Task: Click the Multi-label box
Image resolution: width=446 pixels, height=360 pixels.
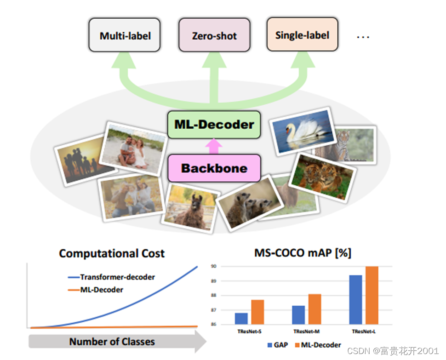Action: (x=125, y=35)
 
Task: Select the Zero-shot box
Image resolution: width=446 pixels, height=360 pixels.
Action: (x=214, y=35)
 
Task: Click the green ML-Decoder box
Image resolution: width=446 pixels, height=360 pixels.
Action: (x=214, y=124)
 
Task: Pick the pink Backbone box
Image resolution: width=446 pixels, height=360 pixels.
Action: (x=214, y=168)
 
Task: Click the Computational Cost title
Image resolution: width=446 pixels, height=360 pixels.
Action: (x=112, y=253)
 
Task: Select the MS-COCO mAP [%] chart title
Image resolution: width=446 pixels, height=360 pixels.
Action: (x=303, y=253)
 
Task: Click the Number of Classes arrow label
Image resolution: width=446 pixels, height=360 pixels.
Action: (x=112, y=342)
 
